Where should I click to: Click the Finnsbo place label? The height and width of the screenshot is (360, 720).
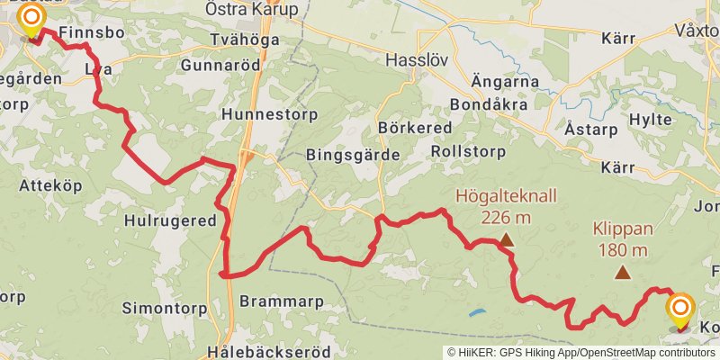pyautogui.click(x=86, y=33)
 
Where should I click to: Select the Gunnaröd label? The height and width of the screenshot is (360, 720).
pyautogui.click(x=220, y=66)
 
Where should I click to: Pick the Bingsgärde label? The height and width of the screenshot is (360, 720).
pyautogui.click(x=353, y=155)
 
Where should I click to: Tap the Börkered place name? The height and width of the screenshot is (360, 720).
pyautogui.click(x=415, y=128)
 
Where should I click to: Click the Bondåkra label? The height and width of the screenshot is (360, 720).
pyautogui.click(x=487, y=104)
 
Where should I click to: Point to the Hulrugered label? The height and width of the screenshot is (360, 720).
pyautogui.click(x=171, y=220)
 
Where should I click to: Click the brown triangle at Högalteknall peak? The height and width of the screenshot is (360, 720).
pyautogui.click(x=507, y=239)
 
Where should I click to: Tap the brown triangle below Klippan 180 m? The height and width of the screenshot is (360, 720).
pyautogui.click(x=621, y=272)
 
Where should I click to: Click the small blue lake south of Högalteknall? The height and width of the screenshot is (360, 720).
pyautogui.click(x=476, y=313)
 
